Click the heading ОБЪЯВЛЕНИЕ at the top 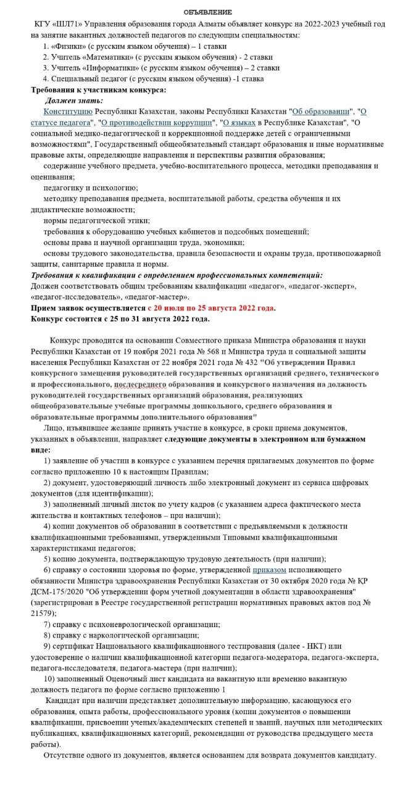click(x=207, y=12)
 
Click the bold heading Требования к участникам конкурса click(x=98, y=89)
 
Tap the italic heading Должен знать click(x=73, y=101)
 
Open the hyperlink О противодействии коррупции click(x=158, y=122)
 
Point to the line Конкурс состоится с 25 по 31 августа click(x=120, y=319)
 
